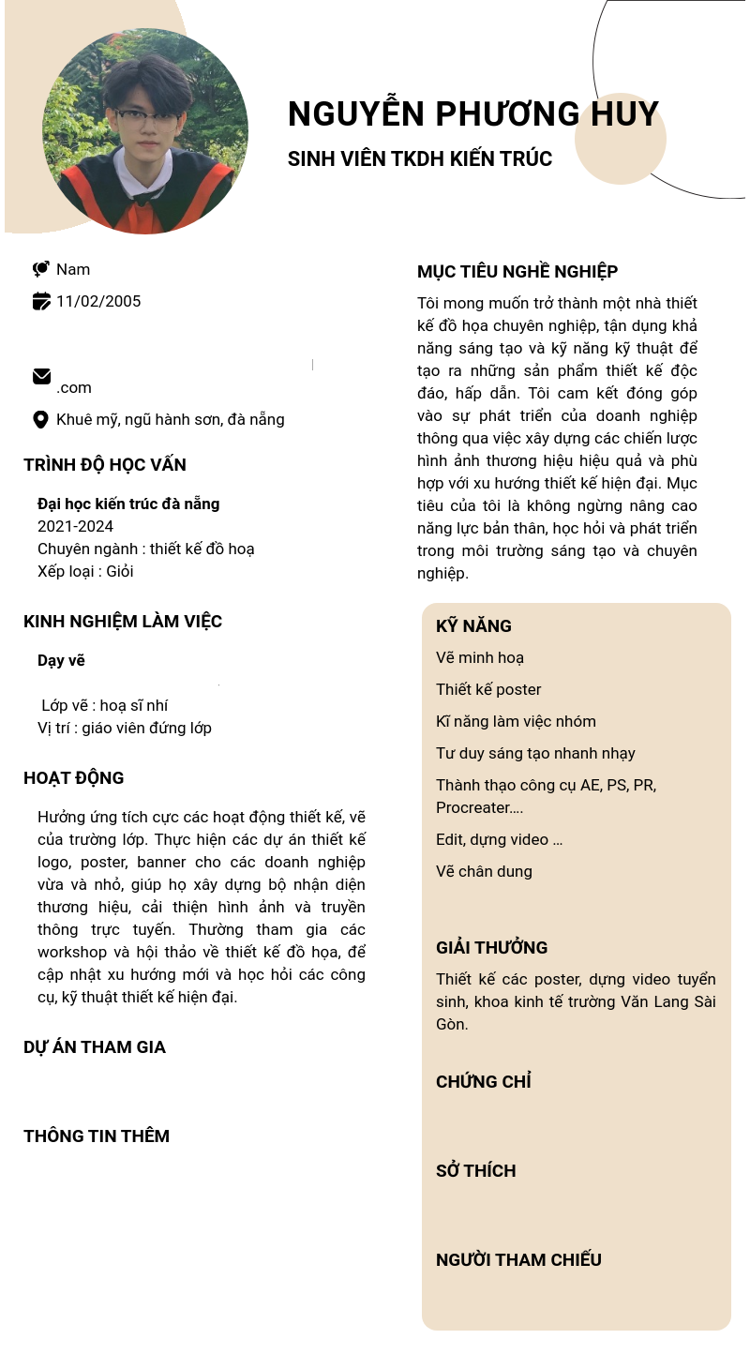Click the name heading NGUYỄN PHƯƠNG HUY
473,113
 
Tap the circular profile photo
145,130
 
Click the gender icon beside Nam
41,269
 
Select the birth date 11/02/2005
98,301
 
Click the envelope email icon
41,377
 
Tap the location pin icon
41,419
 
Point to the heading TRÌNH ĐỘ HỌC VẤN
105,465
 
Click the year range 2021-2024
75,526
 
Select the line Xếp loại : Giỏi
85,571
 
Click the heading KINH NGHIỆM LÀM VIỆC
123,622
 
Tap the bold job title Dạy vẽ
61,660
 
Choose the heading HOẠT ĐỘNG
74,778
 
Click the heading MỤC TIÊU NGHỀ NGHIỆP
517,272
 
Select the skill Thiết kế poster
488,689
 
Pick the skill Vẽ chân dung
484,871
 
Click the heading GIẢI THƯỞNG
491,947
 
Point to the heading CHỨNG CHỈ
484,1082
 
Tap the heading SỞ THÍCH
475,1171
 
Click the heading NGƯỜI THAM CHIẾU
518,1260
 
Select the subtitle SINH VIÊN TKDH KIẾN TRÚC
420,159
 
